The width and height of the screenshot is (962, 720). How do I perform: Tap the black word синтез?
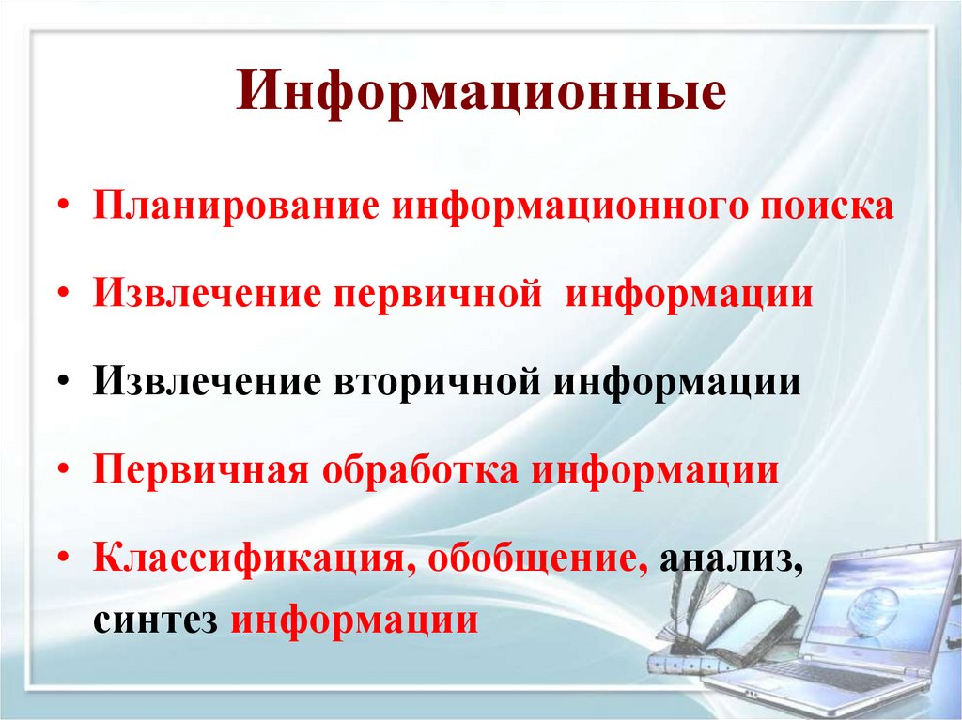point(156,620)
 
